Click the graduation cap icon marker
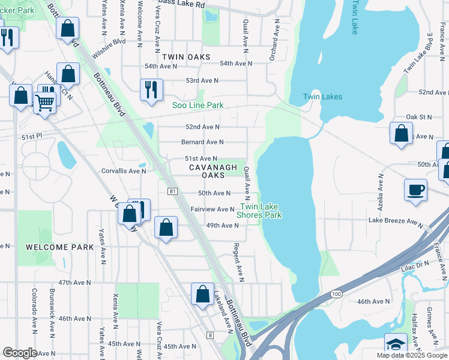tap(396, 344)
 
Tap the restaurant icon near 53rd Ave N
tap(151, 90)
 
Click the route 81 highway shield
tap(172, 191)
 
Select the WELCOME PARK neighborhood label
tap(59, 247)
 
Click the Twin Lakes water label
tap(322, 97)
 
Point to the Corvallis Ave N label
tap(124, 171)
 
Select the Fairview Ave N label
tap(212, 209)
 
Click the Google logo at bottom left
tap(20, 353)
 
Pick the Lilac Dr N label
tap(415, 263)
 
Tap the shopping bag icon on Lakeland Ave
tap(202, 294)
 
